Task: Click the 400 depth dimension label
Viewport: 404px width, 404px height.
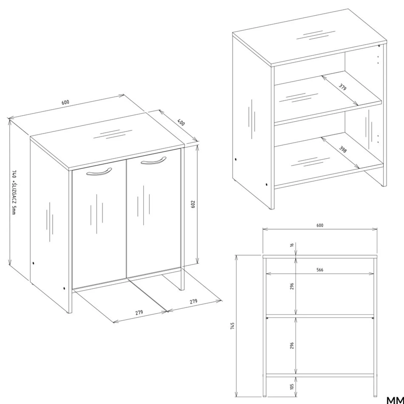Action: pos(181,122)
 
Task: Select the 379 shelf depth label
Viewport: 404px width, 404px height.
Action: pos(342,87)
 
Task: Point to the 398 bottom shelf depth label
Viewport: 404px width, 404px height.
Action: pos(342,149)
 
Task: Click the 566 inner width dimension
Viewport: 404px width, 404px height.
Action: pos(320,270)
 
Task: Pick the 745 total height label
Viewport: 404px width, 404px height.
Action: pos(232,326)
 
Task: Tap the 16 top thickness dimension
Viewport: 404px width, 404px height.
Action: pos(292,244)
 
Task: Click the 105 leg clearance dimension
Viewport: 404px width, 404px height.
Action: pos(292,386)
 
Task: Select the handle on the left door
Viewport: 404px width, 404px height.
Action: pos(99,171)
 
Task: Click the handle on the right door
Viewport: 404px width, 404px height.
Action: pos(154,161)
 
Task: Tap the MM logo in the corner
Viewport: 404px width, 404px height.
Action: pos(395,400)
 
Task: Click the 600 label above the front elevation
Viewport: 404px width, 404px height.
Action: pos(320,225)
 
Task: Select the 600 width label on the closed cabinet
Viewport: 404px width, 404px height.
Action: pos(66,102)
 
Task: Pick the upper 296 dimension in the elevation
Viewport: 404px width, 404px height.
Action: pos(292,286)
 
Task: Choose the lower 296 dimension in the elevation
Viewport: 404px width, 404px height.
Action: pos(292,346)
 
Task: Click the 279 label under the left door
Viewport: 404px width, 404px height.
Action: pos(139,312)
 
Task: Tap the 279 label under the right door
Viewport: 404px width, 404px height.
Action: pos(193,301)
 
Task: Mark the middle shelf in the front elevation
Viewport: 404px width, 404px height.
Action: pos(320,316)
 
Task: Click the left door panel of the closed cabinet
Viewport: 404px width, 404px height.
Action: pos(99,224)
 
